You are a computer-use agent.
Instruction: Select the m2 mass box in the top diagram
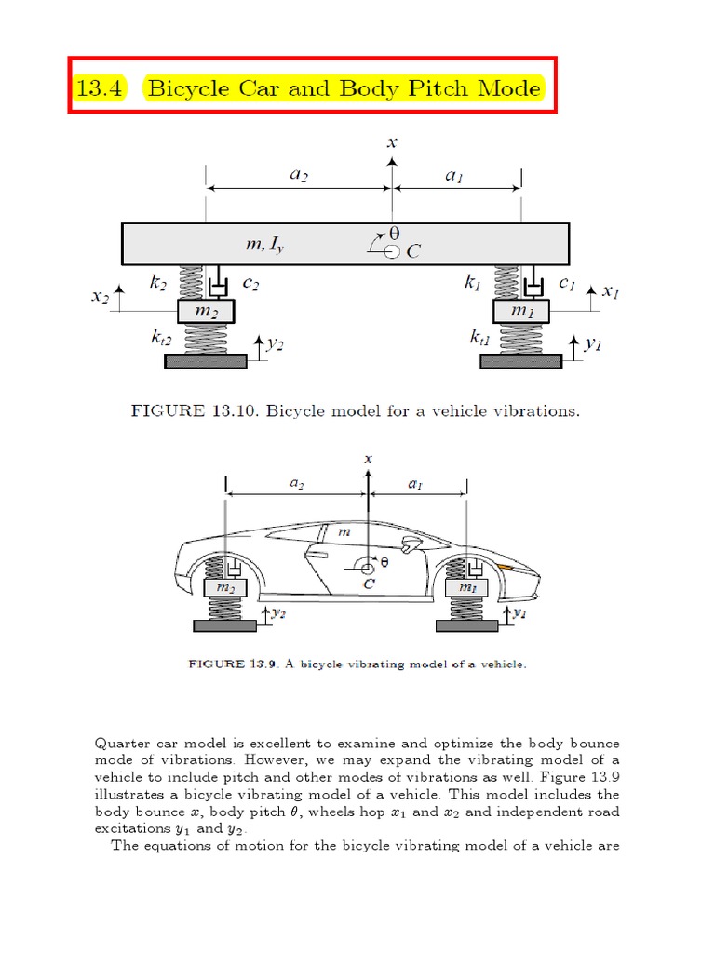(205, 309)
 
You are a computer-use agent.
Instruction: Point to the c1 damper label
(566, 278)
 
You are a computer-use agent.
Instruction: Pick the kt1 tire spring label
(479, 341)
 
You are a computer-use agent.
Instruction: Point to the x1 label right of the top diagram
(611, 292)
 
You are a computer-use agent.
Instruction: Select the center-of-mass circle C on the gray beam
(392, 250)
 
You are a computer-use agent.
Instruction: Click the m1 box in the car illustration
(461, 587)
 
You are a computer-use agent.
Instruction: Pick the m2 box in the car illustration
(225, 587)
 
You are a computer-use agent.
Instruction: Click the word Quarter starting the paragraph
(122, 744)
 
